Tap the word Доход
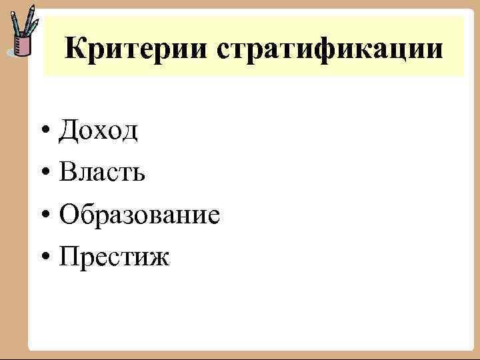tap(98, 131)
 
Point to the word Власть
tap(101, 172)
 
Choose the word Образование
tap(139, 214)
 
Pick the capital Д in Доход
tap(67, 131)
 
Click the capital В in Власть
tap(66, 172)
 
